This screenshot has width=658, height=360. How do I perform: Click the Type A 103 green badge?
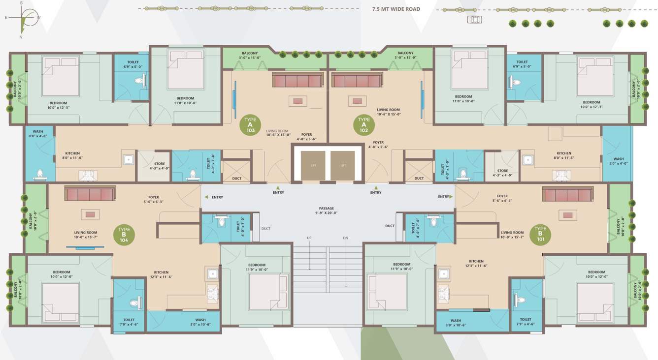[250, 125]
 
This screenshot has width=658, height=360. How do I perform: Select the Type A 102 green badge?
[364, 125]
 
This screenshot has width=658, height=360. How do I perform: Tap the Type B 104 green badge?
[124, 235]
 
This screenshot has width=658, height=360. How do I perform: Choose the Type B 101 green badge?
[540, 235]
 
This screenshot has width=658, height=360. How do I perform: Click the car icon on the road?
[474, 19]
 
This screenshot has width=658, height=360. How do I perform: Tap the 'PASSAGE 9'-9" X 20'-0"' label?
[326, 211]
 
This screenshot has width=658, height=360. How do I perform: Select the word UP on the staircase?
[309, 238]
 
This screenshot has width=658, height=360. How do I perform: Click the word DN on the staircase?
[346, 238]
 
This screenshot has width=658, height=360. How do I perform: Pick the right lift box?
[343, 165]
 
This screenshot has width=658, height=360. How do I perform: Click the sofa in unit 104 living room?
[90, 193]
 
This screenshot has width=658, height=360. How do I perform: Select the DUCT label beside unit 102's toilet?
[419, 178]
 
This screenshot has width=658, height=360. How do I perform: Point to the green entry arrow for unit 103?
[278, 187]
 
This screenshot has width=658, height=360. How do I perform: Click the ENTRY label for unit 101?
[443, 197]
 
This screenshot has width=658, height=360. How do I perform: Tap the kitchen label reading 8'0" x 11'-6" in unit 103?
[72, 156]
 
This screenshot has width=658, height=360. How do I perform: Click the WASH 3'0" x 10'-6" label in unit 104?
[200, 322]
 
